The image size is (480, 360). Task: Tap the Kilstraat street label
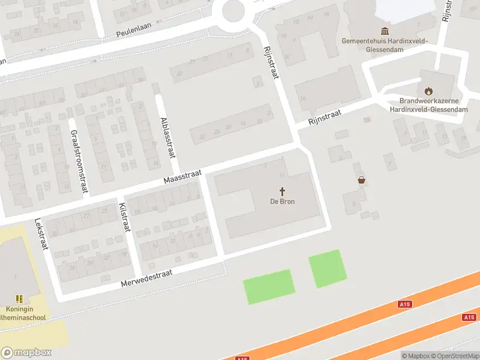click(x=124, y=217)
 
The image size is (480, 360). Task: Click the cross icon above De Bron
click(x=282, y=191)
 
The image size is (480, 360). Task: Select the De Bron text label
click(x=282, y=202)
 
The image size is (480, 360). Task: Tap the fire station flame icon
click(x=428, y=91)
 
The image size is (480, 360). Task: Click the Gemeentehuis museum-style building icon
click(x=384, y=31)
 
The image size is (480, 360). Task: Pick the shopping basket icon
click(x=361, y=179)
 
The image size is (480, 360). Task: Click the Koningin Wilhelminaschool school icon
click(x=19, y=298)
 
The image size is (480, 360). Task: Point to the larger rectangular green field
click(x=269, y=287)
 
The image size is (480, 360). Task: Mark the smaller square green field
click(x=328, y=268)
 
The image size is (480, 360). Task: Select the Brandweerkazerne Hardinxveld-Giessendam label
click(x=428, y=105)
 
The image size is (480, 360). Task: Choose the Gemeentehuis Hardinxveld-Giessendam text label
click(x=384, y=45)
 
